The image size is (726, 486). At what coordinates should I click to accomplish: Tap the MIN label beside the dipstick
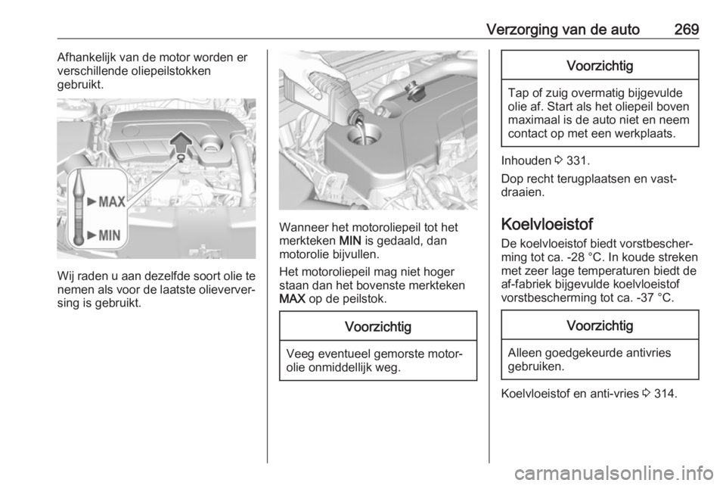[x=107, y=235]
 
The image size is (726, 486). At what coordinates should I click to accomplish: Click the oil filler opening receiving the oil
[x=359, y=139]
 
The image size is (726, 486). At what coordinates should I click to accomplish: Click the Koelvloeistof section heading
[x=543, y=225]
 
